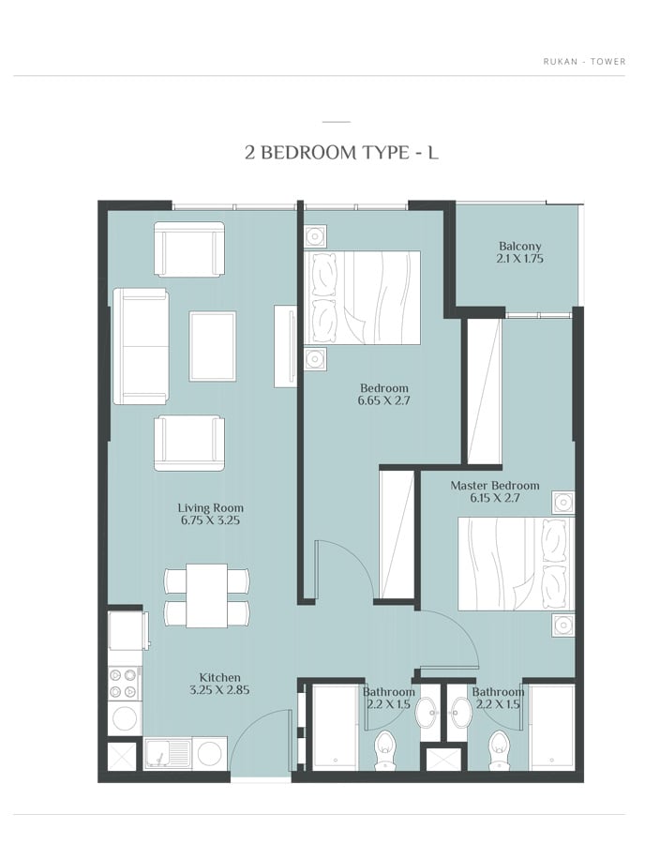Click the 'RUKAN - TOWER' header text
coord(584,61)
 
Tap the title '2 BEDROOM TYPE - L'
coord(341,153)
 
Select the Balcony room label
coord(519,246)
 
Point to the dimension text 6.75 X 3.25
coord(210,520)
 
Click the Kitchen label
coord(219,678)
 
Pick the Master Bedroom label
coord(495,486)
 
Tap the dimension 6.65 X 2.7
coord(384,400)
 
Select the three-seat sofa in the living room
coord(141,346)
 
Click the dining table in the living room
coord(207,595)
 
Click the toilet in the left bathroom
coord(385,750)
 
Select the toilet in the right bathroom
coord(500,750)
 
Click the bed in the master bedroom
coord(517,564)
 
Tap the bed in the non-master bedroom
coord(362,297)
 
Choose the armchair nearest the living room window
coord(189,249)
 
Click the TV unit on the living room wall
coord(285,346)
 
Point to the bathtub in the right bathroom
coord(552,727)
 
